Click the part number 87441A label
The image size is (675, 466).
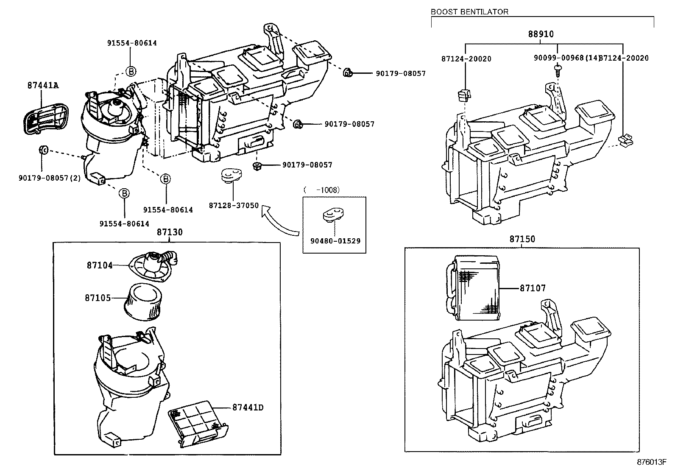click(43, 85)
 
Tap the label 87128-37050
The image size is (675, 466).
click(234, 205)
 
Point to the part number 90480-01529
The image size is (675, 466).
click(335, 241)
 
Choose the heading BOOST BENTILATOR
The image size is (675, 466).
click(469, 12)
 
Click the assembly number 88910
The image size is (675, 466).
click(541, 34)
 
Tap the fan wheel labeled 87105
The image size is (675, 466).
click(143, 301)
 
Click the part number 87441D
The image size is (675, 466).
click(248, 407)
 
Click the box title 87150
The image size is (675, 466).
click(522, 239)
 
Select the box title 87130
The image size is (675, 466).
click(170, 232)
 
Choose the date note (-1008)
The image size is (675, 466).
click(322, 190)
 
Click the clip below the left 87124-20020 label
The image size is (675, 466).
click(464, 94)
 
